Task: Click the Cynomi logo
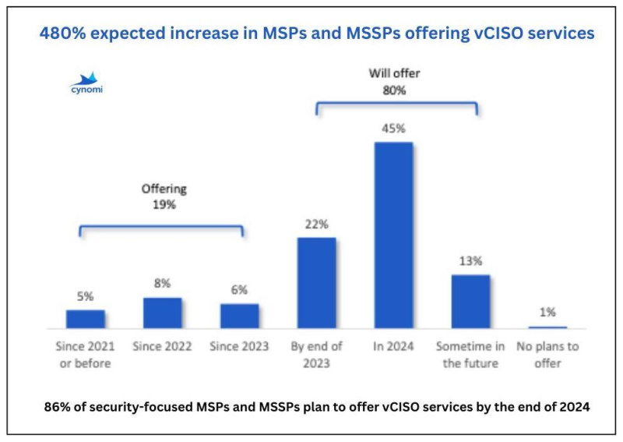point(86,82)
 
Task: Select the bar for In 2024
point(393,235)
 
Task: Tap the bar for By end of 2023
point(316,282)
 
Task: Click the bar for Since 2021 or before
point(85,319)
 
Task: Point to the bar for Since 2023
point(239,316)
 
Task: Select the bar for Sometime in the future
point(470,301)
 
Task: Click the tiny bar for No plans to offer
point(547,327)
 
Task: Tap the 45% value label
point(393,129)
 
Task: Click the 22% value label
point(316,224)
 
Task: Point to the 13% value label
point(470,261)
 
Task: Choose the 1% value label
point(547,312)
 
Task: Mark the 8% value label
point(162,284)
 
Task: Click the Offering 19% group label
point(164,196)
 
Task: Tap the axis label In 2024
point(393,346)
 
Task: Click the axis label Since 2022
point(162,346)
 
